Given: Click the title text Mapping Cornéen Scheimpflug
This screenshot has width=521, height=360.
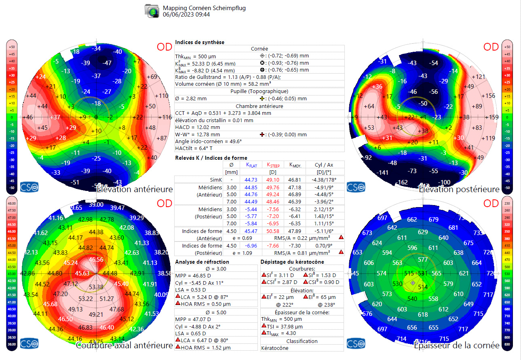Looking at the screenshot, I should (x=204, y=8).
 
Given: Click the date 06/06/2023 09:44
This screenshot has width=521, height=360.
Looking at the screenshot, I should (x=186, y=15).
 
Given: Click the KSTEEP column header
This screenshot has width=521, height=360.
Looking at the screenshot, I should (x=274, y=165).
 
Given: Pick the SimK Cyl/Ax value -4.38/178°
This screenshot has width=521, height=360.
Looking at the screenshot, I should (x=325, y=180).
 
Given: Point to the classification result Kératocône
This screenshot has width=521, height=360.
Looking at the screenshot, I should (x=275, y=348).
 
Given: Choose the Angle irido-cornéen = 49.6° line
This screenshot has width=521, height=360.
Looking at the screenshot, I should (x=208, y=142).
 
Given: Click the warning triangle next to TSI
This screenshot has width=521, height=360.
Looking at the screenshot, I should (x=264, y=326).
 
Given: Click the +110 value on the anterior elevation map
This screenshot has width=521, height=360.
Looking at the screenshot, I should (x=161, y=96).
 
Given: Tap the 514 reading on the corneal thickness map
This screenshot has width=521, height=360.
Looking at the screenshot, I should (x=423, y=287).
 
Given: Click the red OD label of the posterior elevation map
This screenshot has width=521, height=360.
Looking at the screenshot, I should (x=491, y=47).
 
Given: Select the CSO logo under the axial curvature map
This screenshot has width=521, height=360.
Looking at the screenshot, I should (x=29, y=343).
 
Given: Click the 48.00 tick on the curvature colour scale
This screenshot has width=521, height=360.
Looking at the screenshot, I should (x=12, y=203).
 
